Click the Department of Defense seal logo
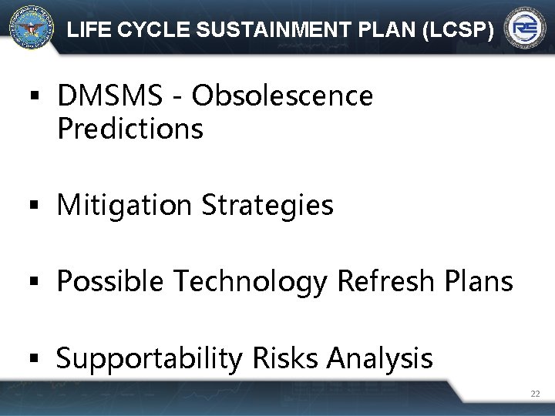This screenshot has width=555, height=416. pos(32,28)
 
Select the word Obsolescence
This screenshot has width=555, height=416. pos(282,96)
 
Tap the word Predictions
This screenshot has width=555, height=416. pos(129,129)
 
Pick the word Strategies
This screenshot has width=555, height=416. pos(267,205)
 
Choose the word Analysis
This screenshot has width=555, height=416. pos(379,358)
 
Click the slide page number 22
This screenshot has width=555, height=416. pos(535,394)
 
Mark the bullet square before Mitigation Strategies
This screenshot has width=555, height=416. pos(32,206)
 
